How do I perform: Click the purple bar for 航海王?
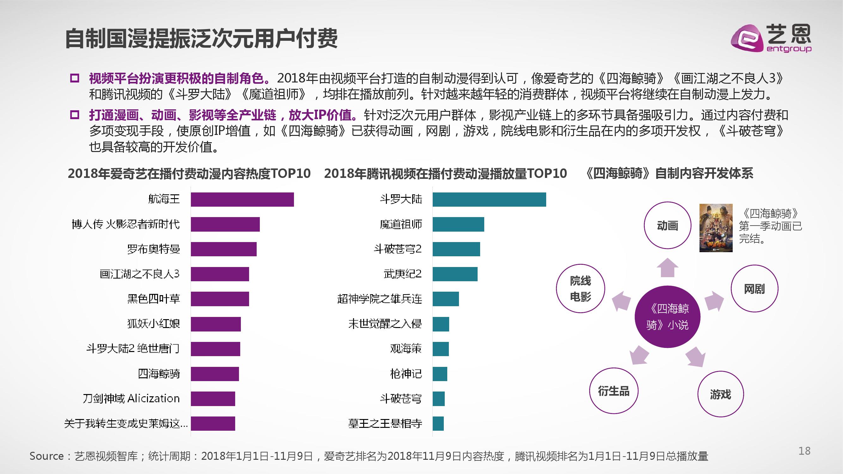[x=242, y=199]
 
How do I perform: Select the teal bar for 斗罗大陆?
[x=489, y=199]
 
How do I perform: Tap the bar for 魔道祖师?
[x=458, y=224]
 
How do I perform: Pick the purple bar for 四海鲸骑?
[x=215, y=374]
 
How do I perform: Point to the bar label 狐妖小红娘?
[x=154, y=324]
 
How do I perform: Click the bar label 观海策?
[x=406, y=349]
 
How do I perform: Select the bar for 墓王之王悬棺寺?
[x=438, y=424]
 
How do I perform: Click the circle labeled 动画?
[x=667, y=225]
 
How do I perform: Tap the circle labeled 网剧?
[x=754, y=289]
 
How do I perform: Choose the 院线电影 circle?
[x=580, y=289]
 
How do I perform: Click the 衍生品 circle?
[x=614, y=391]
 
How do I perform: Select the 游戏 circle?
[x=720, y=394]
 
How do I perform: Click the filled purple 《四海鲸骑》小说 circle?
[x=667, y=317]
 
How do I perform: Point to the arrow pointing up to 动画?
[x=667, y=268]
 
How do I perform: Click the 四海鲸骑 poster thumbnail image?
[x=716, y=228]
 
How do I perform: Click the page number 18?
[x=804, y=451]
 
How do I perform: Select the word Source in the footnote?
[x=46, y=456]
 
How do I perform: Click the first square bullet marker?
[x=75, y=78]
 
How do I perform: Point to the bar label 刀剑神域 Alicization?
[x=131, y=399]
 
